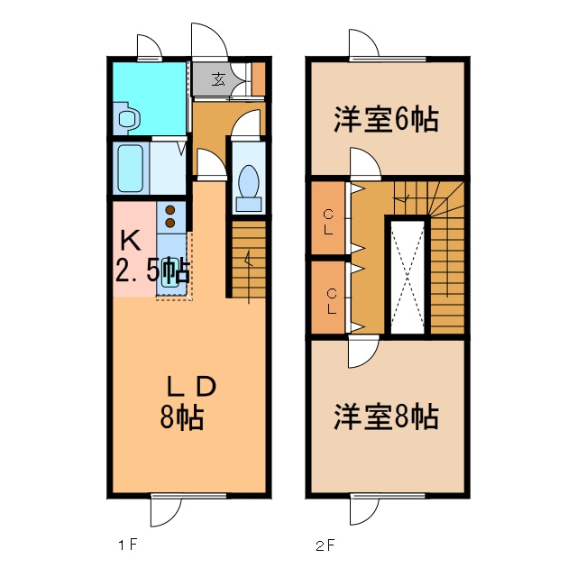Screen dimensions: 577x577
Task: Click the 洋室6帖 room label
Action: pos(387,120)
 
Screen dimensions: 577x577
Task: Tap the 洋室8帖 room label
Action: pos(387,417)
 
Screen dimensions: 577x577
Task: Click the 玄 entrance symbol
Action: pos(219,78)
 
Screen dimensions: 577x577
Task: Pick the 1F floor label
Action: pos(126,545)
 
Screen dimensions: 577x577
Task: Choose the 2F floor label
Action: pos(325,545)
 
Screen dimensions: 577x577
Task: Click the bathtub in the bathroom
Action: pos(131,168)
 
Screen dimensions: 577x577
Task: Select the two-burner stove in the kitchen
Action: pos(169,215)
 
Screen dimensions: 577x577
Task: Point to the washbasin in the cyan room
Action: pos(127,118)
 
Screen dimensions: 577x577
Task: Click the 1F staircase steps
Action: pos(249,261)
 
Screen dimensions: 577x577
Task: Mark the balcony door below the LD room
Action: pos(167,510)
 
